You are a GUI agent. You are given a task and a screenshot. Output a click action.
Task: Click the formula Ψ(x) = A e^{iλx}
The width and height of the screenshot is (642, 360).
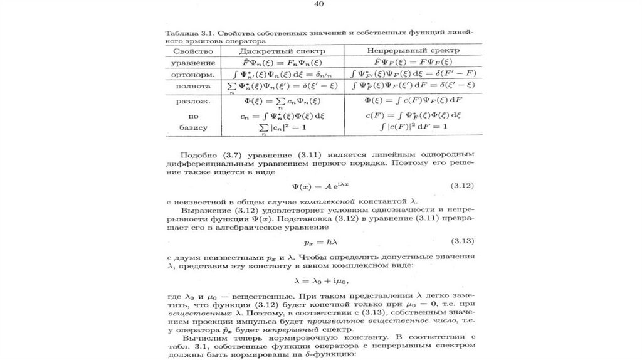point(320,186)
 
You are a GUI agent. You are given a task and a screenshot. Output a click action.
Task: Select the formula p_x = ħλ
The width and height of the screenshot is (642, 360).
point(320,241)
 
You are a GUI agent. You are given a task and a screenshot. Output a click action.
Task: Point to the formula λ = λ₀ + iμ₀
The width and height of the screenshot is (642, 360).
point(319,280)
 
